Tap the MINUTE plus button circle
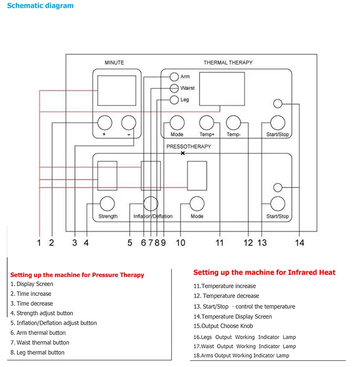pos(104,123)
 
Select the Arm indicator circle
pos(174,77)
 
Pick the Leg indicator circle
pos(174,99)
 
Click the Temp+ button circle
pos(207,123)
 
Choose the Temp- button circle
pos(233,123)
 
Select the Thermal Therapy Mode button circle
pos(176,123)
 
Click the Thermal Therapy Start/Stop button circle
pos(278,123)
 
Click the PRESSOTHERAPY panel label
pos(189,147)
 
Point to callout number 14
pos(299,242)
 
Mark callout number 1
pos(39,242)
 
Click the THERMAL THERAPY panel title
pos(228,63)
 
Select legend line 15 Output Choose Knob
pos(223,326)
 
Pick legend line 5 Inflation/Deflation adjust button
pos(53,323)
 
